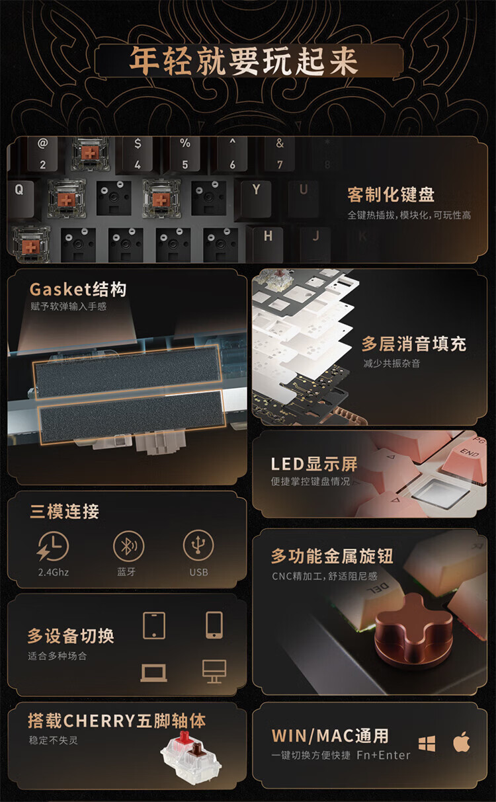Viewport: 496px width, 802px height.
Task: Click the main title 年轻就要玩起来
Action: point(243,61)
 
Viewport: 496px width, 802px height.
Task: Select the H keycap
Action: point(268,243)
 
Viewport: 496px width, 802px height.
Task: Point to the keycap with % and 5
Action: point(185,154)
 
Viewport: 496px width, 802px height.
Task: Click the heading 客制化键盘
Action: point(391,194)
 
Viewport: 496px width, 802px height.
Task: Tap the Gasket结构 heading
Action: point(78,290)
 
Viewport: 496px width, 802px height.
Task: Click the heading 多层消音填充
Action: point(414,344)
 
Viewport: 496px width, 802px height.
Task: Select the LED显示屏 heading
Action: point(314,464)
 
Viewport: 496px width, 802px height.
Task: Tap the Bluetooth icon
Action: point(128,546)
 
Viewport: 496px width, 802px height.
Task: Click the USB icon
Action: point(198,545)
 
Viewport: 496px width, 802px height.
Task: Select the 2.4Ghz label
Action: point(54,572)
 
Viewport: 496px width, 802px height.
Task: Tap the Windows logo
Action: point(427,743)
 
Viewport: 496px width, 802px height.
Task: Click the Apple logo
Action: point(462,742)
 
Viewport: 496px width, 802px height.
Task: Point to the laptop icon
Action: point(153,673)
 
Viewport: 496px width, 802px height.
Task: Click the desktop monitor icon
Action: point(214,671)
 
